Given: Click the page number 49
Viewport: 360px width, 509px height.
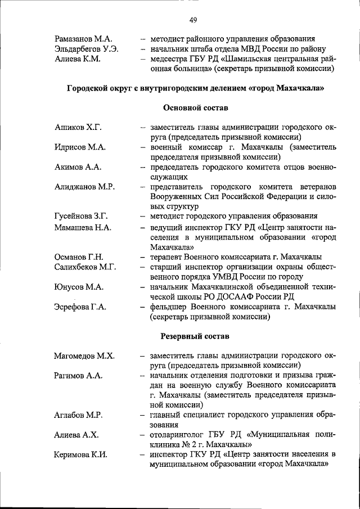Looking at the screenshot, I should point(193,21).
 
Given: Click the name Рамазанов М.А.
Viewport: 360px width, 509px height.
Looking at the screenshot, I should point(83,39).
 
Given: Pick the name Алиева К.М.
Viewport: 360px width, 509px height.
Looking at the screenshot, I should point(77,59).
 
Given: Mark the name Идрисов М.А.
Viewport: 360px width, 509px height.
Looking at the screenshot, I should point(80,147).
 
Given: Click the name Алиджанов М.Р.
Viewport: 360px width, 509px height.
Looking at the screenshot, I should point(85,187).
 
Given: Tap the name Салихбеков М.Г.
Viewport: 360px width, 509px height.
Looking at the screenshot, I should point(85,267).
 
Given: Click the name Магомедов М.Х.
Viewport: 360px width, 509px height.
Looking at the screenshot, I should point(84,356).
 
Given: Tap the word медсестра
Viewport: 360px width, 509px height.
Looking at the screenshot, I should point(169,59).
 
